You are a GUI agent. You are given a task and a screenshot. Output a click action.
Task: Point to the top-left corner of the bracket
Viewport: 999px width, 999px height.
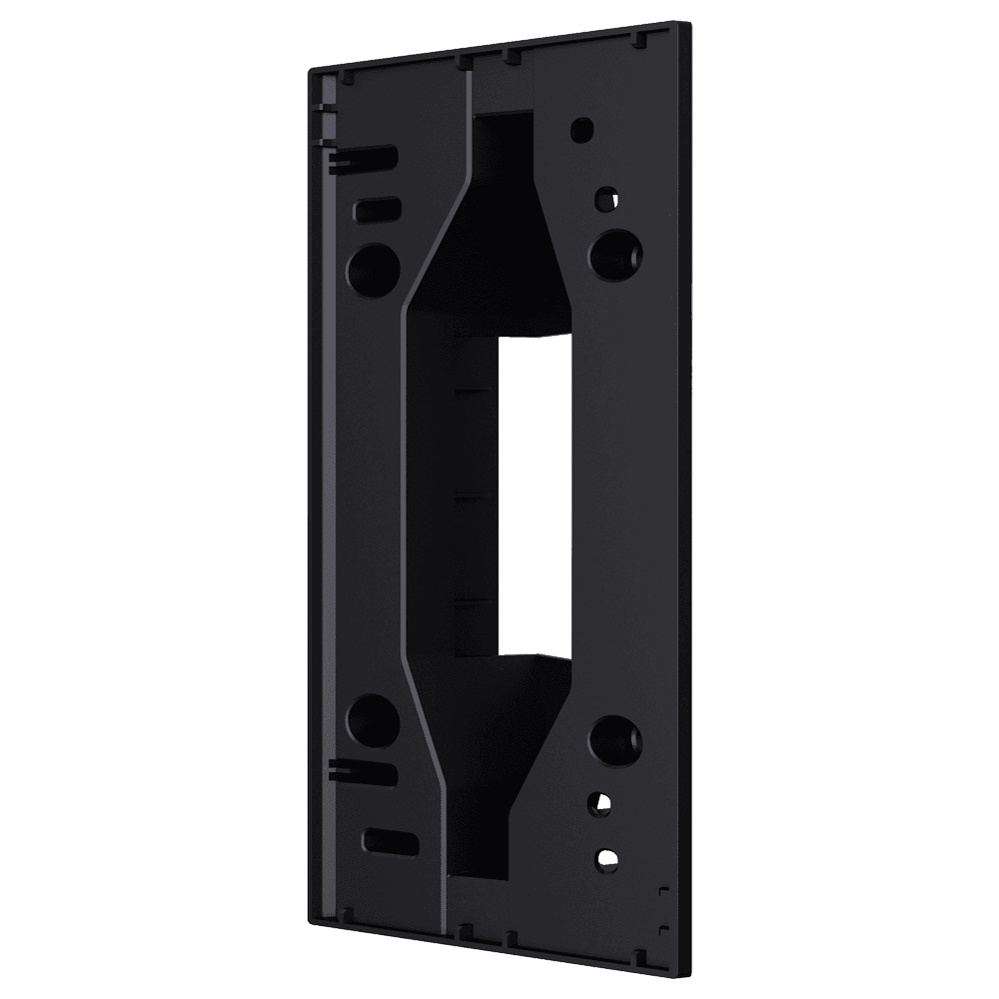tap(312, 68)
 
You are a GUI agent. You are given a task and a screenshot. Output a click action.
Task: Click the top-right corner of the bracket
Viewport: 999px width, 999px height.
tap(687, 20)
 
